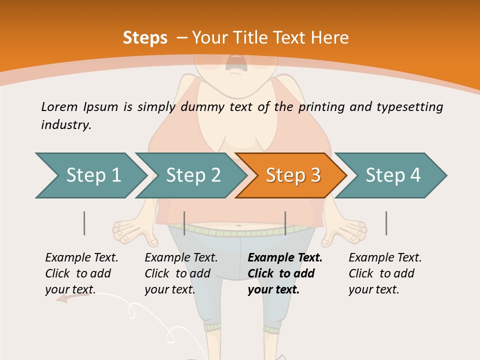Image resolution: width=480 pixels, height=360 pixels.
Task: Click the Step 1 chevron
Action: [92, 175]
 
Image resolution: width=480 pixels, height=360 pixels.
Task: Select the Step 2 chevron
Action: [192, 175]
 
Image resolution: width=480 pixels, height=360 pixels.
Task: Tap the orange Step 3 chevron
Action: [292, 175]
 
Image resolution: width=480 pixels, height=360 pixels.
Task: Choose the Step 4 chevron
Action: [392, 175]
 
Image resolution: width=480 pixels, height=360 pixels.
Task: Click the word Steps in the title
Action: [145, 38]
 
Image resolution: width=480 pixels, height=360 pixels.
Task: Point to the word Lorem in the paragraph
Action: [59, 106]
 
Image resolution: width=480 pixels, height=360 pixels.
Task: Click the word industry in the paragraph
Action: [65, 125]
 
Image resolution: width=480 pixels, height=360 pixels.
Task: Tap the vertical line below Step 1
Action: [84, 223]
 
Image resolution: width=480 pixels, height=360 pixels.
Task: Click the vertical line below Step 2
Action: [184, 223]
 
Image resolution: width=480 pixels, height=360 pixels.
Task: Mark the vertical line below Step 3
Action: [285, 223]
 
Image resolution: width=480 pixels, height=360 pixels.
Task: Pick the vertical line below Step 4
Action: [386, 223]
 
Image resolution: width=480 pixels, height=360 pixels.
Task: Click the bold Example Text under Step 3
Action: [285, 258]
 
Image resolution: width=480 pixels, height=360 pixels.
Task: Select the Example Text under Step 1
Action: [81, 258]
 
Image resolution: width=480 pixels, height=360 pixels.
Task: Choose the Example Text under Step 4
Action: [385, 258]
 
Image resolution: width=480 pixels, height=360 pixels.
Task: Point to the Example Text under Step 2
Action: [181, 258]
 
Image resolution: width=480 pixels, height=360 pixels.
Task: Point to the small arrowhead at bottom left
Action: [61, 299]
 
